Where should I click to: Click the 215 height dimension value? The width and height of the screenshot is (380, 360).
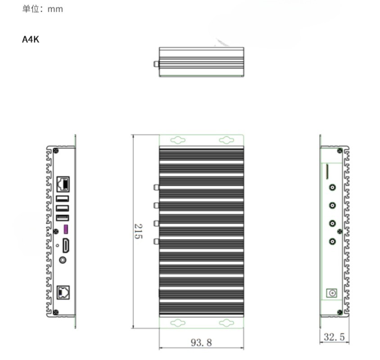click(x=138, y=231)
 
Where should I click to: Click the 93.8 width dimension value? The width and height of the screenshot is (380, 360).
click(x=201, y=343)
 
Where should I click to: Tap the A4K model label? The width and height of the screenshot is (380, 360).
click(x=31, y=40)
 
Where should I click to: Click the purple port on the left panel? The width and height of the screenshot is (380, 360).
click(x=66, y=229)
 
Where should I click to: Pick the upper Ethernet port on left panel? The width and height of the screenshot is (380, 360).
click(x=63, y=184)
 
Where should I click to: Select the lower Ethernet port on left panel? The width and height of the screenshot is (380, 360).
click(x=63, y=293)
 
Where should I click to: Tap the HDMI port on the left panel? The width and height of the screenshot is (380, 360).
click(x=65, y=246)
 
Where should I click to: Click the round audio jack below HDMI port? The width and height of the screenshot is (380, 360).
click(x=63, y=260)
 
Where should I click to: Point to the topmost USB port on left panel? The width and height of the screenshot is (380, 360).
click(x=63, y=199)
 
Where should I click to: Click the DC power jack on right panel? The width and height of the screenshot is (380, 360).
click(x=332, y=293)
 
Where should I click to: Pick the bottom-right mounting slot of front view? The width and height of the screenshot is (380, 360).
click(x=226, y=323)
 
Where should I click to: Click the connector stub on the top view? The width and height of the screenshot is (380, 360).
click(x=156, y=64)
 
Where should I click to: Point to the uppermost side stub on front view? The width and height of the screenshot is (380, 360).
click(x=156, y=187)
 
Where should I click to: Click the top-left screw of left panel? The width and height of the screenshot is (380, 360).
click(x=55, y=151)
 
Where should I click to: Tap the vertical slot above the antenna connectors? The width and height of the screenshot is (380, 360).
click(x=327, y=171)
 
